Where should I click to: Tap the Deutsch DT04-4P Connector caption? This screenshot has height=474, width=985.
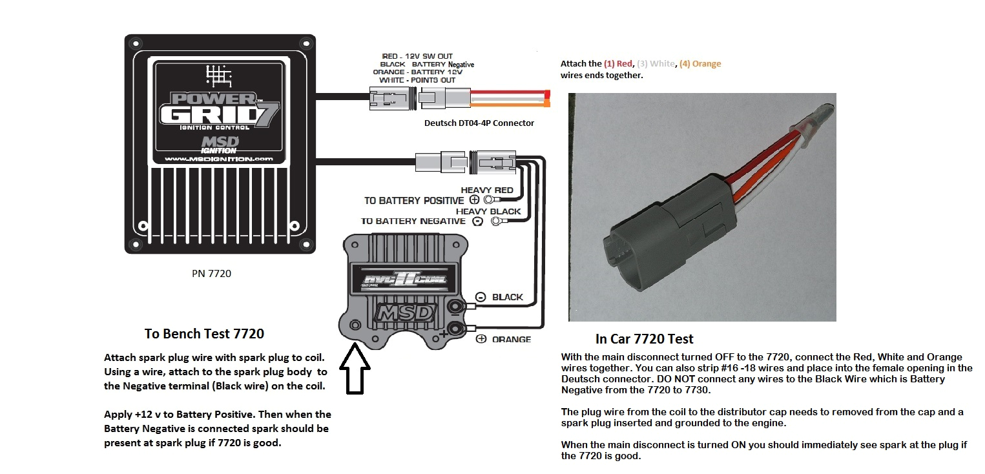coord(479,123)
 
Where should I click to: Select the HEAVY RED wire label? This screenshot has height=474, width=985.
coord(487,190)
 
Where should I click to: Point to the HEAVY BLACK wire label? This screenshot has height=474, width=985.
coord(488,211)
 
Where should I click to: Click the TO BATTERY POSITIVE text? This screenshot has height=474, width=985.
coord(413,200)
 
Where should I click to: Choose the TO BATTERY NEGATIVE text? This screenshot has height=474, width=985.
coord(413,221)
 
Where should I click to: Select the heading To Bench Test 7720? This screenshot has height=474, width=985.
coord(204,334)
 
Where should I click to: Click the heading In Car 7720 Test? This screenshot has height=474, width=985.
coord(644,338)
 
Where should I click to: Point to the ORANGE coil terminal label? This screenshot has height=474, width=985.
coord(511,339)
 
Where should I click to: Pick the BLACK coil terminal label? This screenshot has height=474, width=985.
coord(507,298)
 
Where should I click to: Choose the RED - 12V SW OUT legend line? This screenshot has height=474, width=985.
coord(409,56)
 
